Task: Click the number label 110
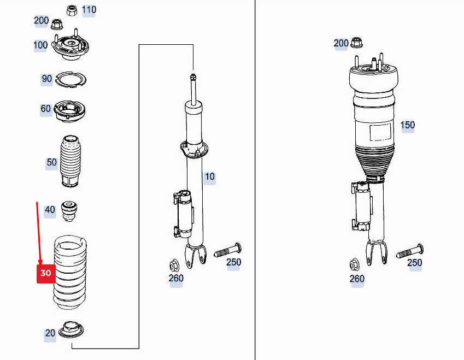(89, 10)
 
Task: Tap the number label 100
(40, 45)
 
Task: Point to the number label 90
(47, 79)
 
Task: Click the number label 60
(46, 109)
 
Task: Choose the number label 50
(51, 162)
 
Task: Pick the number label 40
(50, 210)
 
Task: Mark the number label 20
(50, 333)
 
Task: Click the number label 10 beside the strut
(210, 176)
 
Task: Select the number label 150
(407, 125)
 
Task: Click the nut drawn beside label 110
(72, 10)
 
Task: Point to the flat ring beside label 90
(72, 80)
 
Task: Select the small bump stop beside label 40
(69, 211)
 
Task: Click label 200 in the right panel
(341, 43)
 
